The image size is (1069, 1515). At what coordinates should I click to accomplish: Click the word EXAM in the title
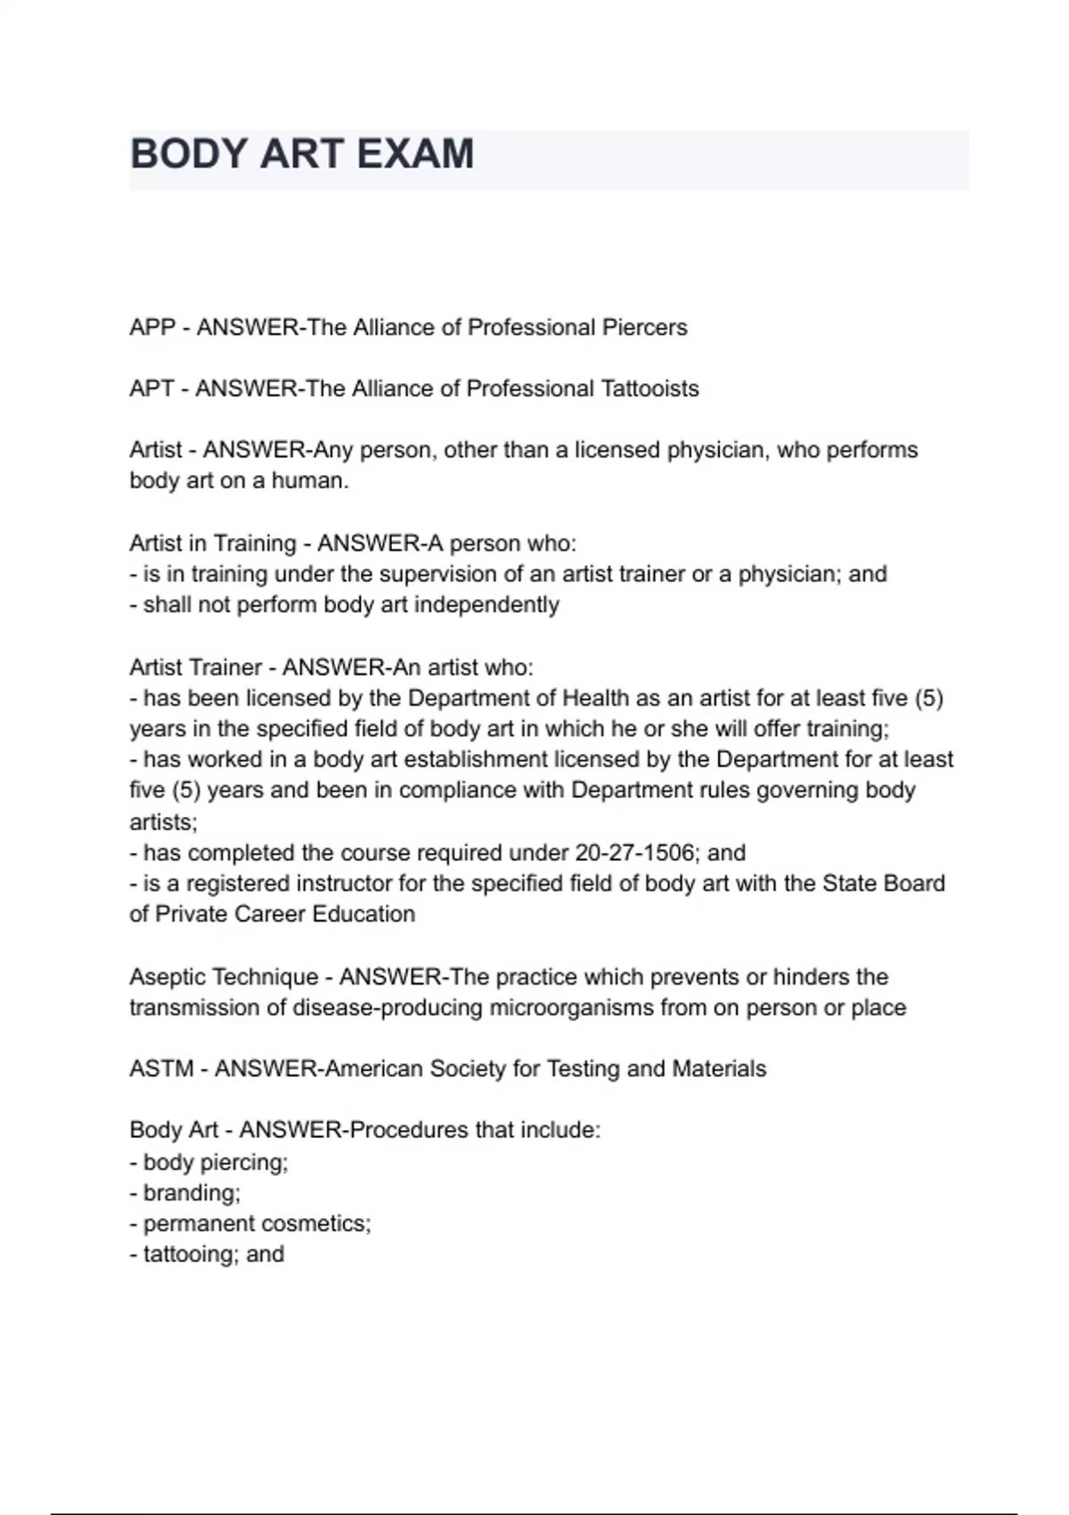(415, 153)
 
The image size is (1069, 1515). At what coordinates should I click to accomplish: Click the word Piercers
(644, 328)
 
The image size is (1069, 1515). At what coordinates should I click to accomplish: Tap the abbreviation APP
(152, 328)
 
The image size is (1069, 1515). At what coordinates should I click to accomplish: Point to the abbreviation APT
(151, 389)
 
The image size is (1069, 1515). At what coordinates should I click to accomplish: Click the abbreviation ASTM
(161, 1069)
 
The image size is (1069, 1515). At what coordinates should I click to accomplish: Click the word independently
(486, 605)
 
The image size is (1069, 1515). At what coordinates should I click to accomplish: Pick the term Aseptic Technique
(224, 977)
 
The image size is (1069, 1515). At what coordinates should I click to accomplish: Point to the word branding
(191, 1193)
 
